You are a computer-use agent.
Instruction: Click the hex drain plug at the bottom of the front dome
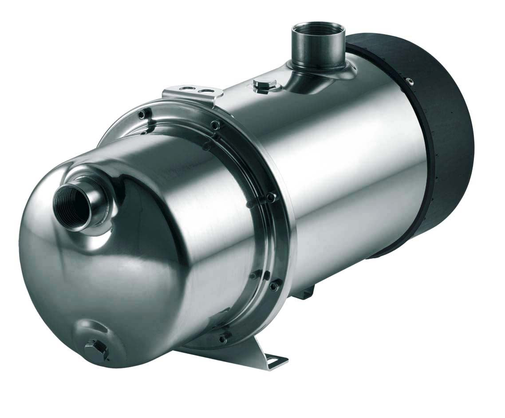click(x=98, y=347)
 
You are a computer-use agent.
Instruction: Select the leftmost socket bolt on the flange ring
click(x=142, y=114)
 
